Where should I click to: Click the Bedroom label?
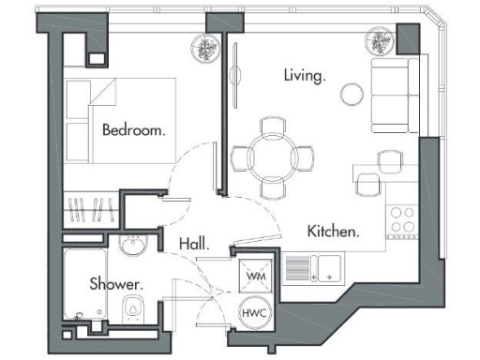[134, 130]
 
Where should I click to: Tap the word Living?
[305, 75]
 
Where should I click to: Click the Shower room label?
[116, 283]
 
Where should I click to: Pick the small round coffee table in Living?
[352, 93]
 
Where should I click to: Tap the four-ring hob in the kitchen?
[401, 221]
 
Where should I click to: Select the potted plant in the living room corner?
[379, 39]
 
